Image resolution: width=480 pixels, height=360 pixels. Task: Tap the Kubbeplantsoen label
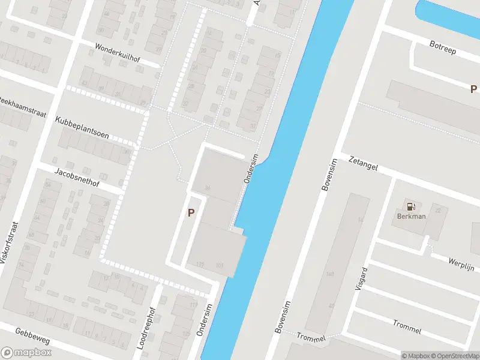pyautogui.click(x=82, y=127)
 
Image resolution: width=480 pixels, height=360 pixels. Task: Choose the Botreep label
pyautogui.click(x=443, y=47)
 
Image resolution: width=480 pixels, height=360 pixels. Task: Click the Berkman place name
pyautogui.click(x=411, y=217)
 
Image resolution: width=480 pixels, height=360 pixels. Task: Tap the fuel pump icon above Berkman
pyautogui.click(x=411, y=206)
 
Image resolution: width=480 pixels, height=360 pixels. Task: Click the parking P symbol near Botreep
pyautogui.click(x=473, y=89)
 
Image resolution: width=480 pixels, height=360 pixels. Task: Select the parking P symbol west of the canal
pyautogui.click(x=191, y=212)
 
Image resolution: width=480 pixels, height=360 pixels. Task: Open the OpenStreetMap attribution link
pyautogui.click(x=456, y=356)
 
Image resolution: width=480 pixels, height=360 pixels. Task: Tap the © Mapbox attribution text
pyautogui.click(x=416, y=356)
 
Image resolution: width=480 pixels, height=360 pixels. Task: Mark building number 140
pyautogui.click(x=329, y=274)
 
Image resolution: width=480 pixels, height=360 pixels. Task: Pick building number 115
pyautogui.click(x=200, y=265)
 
